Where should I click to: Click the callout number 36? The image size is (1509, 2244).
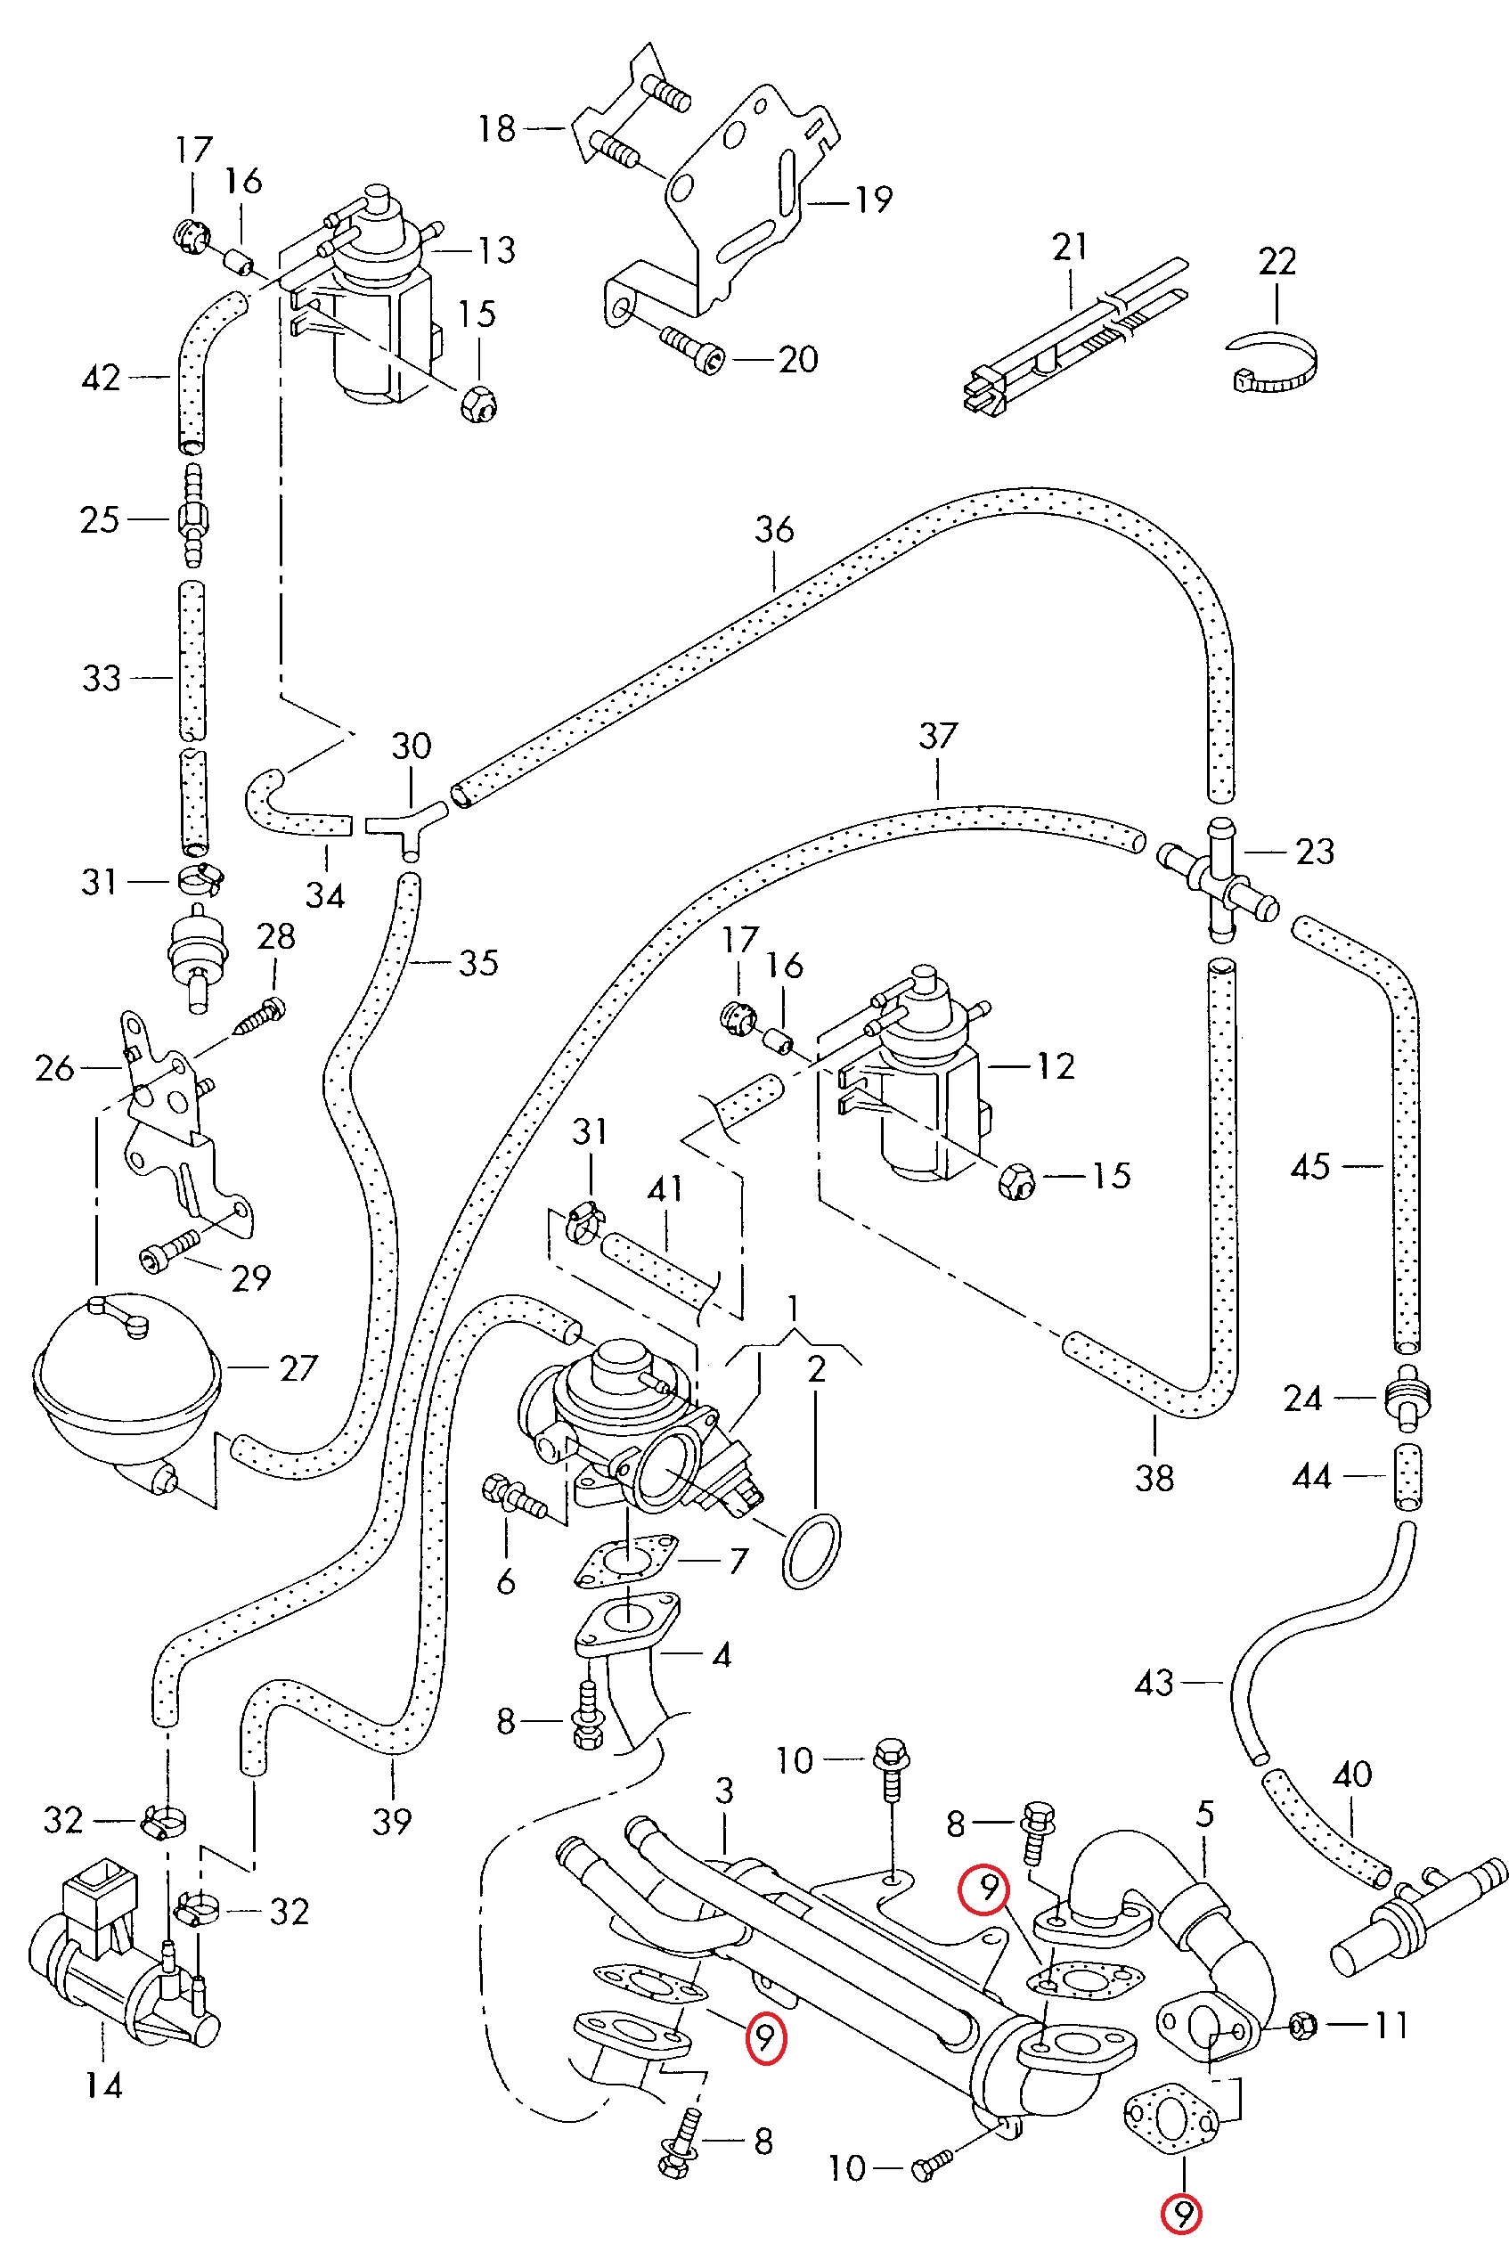click(774, 529)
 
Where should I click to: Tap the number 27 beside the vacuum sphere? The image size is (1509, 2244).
click(298, 1368)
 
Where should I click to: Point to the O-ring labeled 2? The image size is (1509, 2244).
click(812, 1551)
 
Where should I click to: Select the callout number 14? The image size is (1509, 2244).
click(103, 2086)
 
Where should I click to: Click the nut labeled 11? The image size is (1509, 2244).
click(1302, 2026)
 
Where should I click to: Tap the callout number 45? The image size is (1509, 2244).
click(1309, 1167)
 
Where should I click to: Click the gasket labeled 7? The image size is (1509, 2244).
click(626, 1561)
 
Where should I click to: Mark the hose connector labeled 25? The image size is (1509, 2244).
click(192, 519)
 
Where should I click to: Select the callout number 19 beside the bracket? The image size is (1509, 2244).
click(874, 200)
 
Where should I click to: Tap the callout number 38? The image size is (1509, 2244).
click(1154, 1479)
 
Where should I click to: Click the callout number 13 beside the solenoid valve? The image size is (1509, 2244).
click(496, 250)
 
